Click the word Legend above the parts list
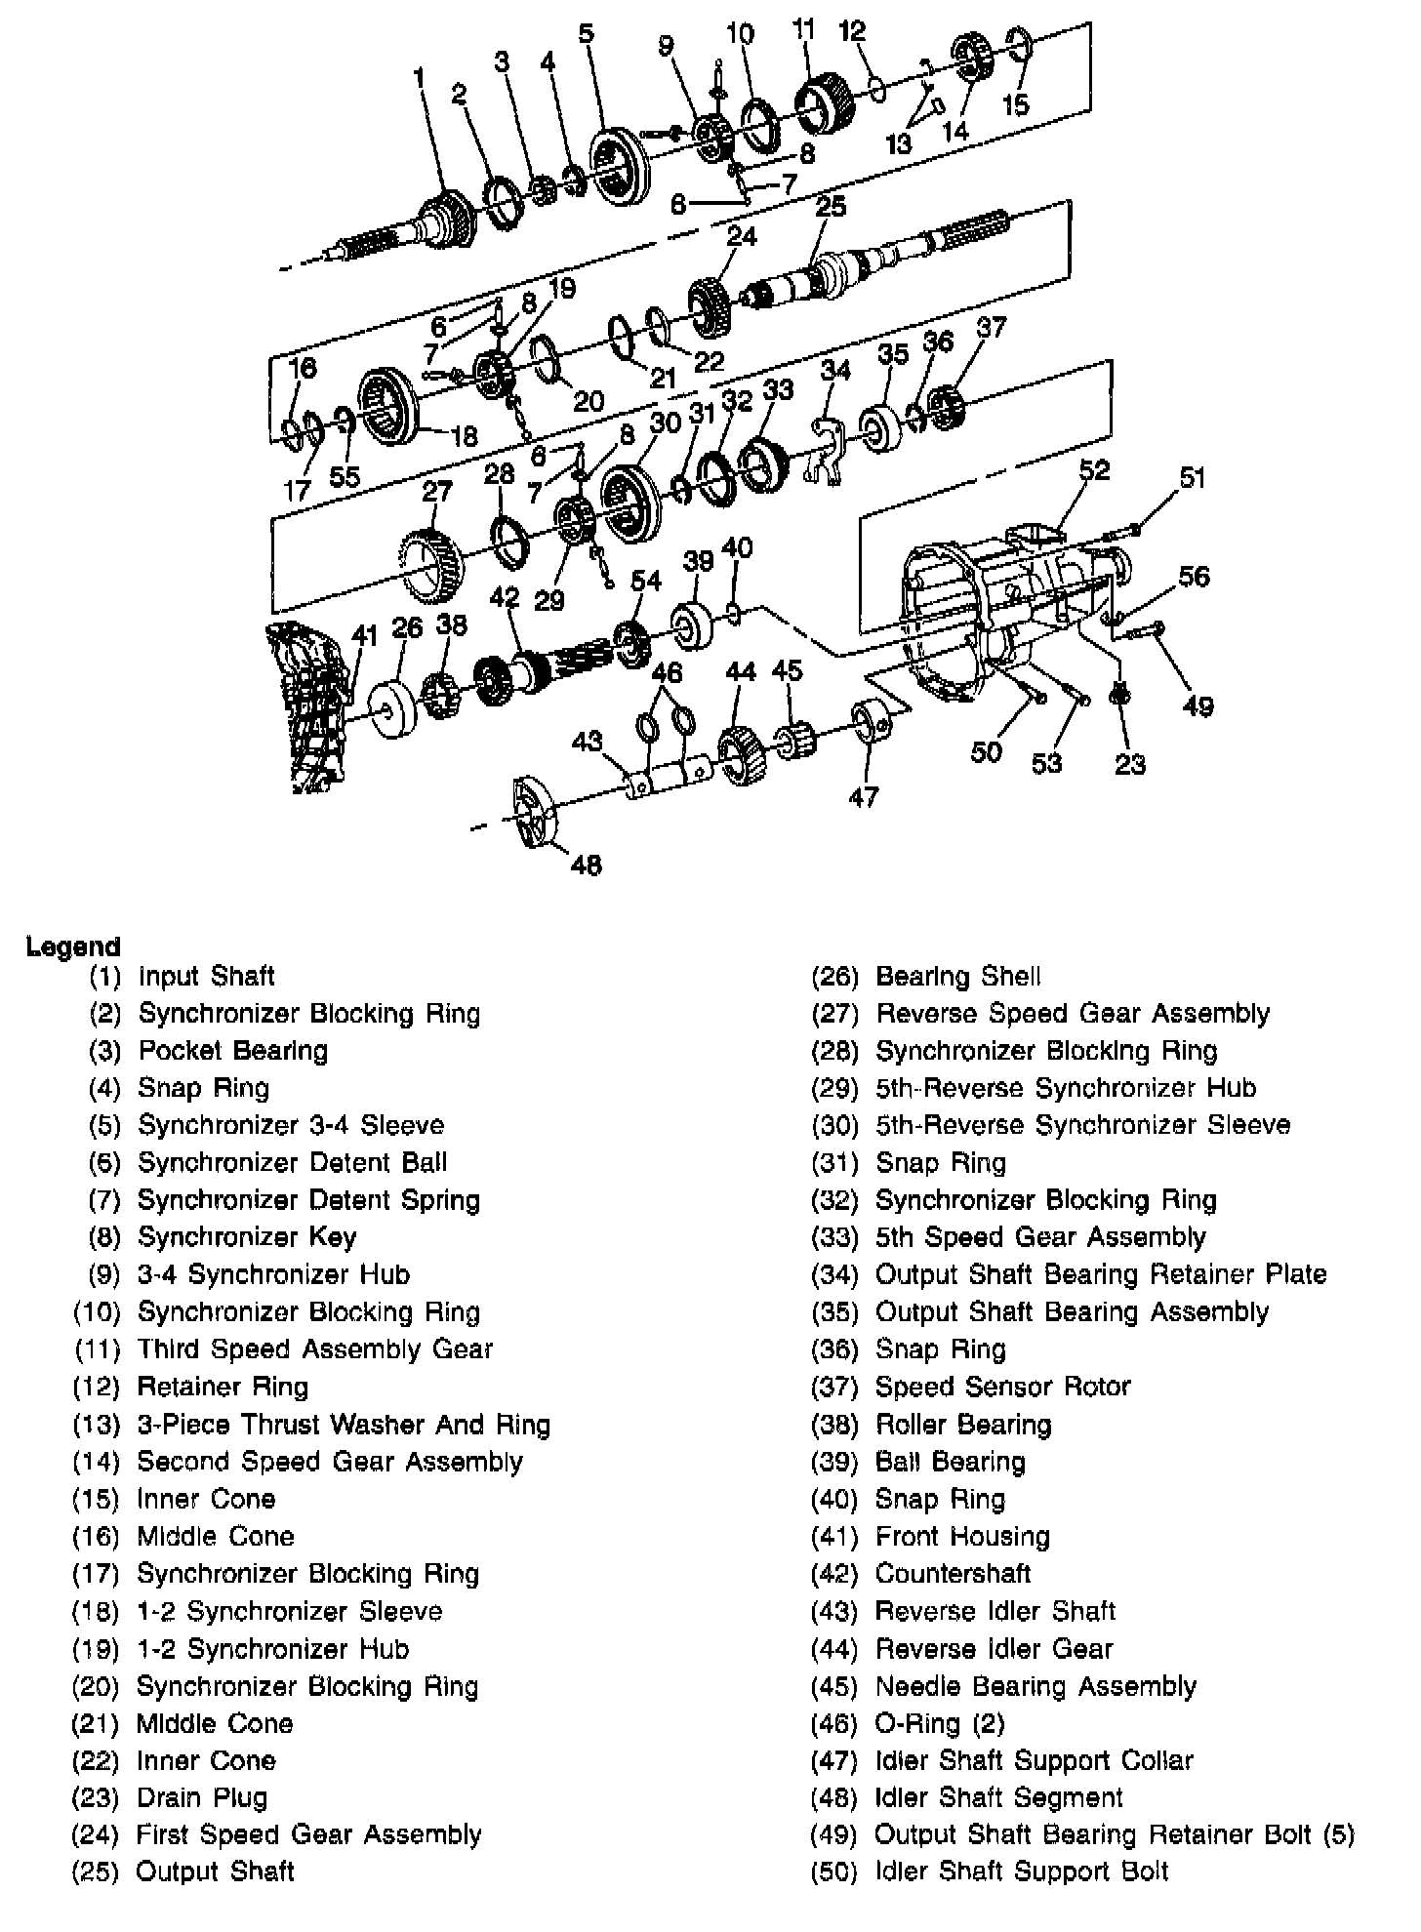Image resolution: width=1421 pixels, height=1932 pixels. pos(73,946)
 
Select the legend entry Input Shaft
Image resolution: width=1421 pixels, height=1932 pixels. pos(206,977)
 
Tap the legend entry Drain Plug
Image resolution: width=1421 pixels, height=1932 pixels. pos(201,1797)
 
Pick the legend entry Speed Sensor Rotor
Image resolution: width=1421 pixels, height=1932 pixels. pos(1002,1387)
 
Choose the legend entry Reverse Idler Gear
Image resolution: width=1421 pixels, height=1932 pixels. pos(994,1649)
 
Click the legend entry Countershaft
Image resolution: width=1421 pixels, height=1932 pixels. pos(953,1574)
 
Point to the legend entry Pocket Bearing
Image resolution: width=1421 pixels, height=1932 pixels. pos(232,1051)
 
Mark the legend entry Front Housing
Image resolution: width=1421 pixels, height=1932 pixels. pos(962,1537)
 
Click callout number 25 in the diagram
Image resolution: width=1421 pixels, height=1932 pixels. pos(831,207)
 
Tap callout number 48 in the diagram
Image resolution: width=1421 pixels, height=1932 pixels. pos(586,865)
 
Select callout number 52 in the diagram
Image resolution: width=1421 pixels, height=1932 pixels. pos(1094,470)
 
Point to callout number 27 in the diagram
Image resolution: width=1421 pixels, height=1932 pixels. pos(436,491)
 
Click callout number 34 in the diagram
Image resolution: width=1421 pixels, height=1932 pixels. pos(835,370)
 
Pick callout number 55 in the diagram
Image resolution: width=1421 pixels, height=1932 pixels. pos(345,477)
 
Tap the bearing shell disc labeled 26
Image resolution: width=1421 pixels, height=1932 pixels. pos(393,708)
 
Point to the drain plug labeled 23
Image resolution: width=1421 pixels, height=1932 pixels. pos(1120,696)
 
